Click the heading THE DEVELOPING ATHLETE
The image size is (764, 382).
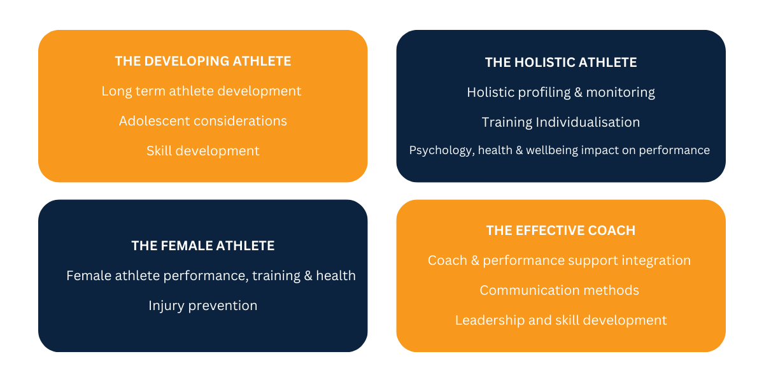click(x=203, y=61)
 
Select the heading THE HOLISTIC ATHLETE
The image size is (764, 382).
click(x=561, y=62)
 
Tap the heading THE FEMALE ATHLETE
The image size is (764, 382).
click(x=203, y=246)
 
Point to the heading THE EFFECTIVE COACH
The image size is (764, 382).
click(x=561, y=230)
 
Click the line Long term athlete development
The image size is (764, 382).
click(x=201, y=92)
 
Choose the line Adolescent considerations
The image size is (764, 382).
click(x=203, y=121)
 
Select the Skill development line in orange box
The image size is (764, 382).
click(x=203, y=151)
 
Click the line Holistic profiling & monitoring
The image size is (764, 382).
click(x=561, y=93)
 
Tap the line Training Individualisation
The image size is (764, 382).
click(x=561, y=122)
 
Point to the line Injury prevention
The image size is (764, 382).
click(x=203, y=306)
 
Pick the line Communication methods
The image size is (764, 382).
click(x=560, y=290)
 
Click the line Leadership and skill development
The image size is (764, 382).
click(x=561, y=321)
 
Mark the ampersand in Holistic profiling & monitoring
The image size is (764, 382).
click(x=579, y=93)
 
